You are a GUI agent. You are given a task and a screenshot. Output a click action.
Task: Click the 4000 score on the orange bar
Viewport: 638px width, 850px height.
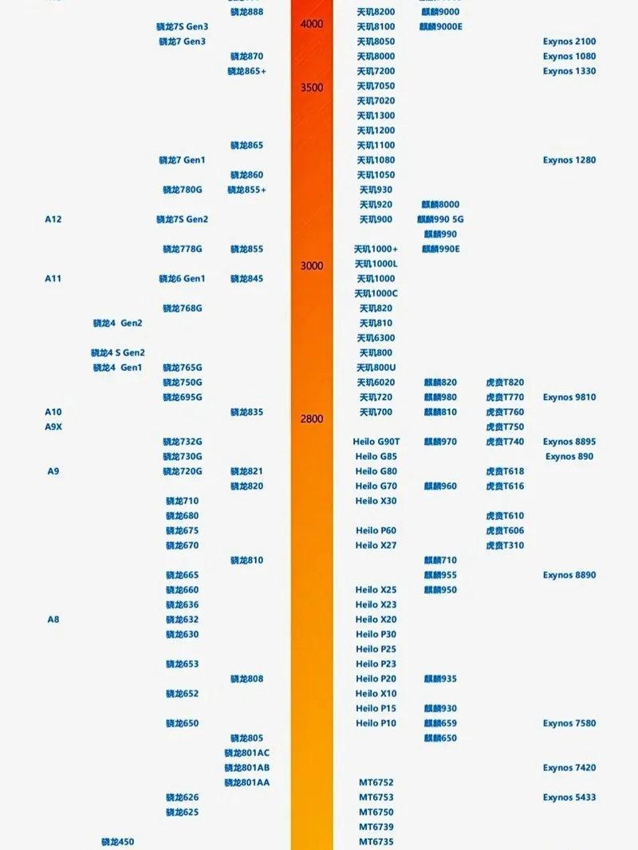pos(312,24)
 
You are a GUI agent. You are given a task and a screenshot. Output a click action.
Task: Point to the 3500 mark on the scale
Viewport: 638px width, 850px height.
pos(312,87)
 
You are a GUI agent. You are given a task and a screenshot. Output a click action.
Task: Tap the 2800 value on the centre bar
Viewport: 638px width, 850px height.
pos(312,419)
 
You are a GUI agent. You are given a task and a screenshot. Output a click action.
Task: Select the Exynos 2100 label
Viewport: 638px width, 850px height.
pos(569,41)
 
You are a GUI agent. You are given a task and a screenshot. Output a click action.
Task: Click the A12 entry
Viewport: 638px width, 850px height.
pos(53,219)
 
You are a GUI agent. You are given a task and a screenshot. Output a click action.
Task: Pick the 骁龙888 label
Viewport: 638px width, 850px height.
pos(246,12)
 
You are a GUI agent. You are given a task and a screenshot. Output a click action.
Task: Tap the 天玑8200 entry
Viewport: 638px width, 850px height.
pos(376,12)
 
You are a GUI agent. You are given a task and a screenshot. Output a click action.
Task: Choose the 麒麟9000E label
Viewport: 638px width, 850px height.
pos(441,27)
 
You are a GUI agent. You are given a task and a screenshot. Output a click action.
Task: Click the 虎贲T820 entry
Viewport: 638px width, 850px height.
pos(505,383)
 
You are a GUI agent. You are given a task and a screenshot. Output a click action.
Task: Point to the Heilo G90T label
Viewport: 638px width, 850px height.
pos(376,442)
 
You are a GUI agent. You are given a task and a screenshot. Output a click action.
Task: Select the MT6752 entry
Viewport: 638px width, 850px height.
pos(376,783)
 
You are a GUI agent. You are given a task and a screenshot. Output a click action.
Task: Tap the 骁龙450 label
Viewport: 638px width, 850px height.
pos(117,842)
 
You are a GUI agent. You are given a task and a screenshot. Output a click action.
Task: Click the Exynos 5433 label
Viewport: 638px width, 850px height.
pos(569,797)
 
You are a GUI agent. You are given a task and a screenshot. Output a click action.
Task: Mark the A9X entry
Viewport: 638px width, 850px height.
pos(53,427)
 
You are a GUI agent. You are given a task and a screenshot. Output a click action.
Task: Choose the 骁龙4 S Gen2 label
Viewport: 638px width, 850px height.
pos(118,352)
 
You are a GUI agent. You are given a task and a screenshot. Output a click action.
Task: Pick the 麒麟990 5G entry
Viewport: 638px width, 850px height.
pos(440,219)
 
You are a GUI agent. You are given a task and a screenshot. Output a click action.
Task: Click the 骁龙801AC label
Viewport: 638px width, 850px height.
pos(246,753)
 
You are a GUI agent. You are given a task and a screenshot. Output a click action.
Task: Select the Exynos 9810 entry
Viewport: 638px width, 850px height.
pos(569,397)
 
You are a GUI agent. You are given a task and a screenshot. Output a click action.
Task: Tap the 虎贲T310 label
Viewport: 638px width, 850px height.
pos(505,545)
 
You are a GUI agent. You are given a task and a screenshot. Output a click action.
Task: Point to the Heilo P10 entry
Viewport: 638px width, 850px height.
pos(376,723)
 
